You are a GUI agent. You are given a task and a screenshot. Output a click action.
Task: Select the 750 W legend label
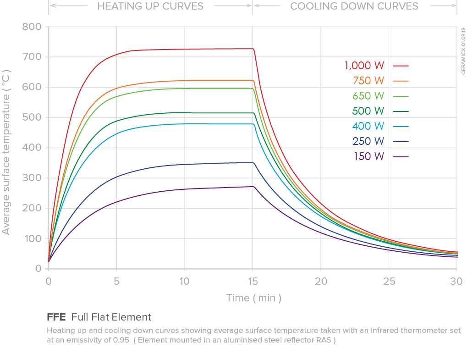coord(368,81)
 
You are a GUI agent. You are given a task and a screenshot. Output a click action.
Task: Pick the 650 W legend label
coord(368,96)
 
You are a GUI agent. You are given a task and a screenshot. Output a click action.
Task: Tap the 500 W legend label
coord(368,111)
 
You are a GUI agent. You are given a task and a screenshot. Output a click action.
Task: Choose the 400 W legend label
coord(368,126)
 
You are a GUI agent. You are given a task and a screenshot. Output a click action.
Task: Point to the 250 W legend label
coord(368,141)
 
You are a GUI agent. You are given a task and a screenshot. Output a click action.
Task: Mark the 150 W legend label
coord(368,156)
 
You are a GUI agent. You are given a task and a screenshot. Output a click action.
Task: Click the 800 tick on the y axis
coord(32,27)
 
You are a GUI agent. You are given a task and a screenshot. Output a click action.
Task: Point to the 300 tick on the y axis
coord(32,178)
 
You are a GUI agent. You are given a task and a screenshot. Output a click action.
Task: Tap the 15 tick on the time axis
coord(253,281)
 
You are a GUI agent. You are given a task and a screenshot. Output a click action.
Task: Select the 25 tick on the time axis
coord(389,281)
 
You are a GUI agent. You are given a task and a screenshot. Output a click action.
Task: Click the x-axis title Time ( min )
coord(253,298)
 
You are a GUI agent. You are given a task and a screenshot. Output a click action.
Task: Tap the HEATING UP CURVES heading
coord(150,6)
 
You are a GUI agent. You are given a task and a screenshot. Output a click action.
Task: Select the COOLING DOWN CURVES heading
coord(354,6)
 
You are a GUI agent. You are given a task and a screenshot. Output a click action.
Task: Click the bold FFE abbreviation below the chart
coord(56,317)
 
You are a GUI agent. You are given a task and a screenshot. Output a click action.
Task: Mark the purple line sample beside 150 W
coord(401,157)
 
